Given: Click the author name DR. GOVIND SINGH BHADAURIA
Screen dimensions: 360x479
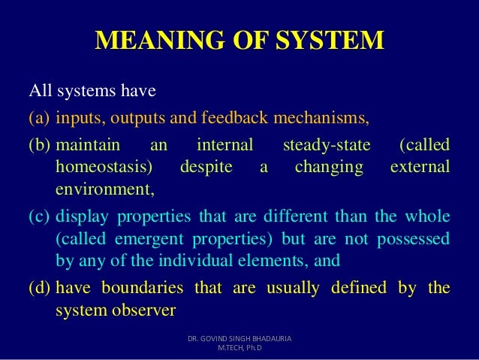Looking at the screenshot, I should [239, 340].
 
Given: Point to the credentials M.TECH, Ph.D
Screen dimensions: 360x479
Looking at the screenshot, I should [239, 350].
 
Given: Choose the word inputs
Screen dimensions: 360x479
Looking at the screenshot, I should [79, 118].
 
